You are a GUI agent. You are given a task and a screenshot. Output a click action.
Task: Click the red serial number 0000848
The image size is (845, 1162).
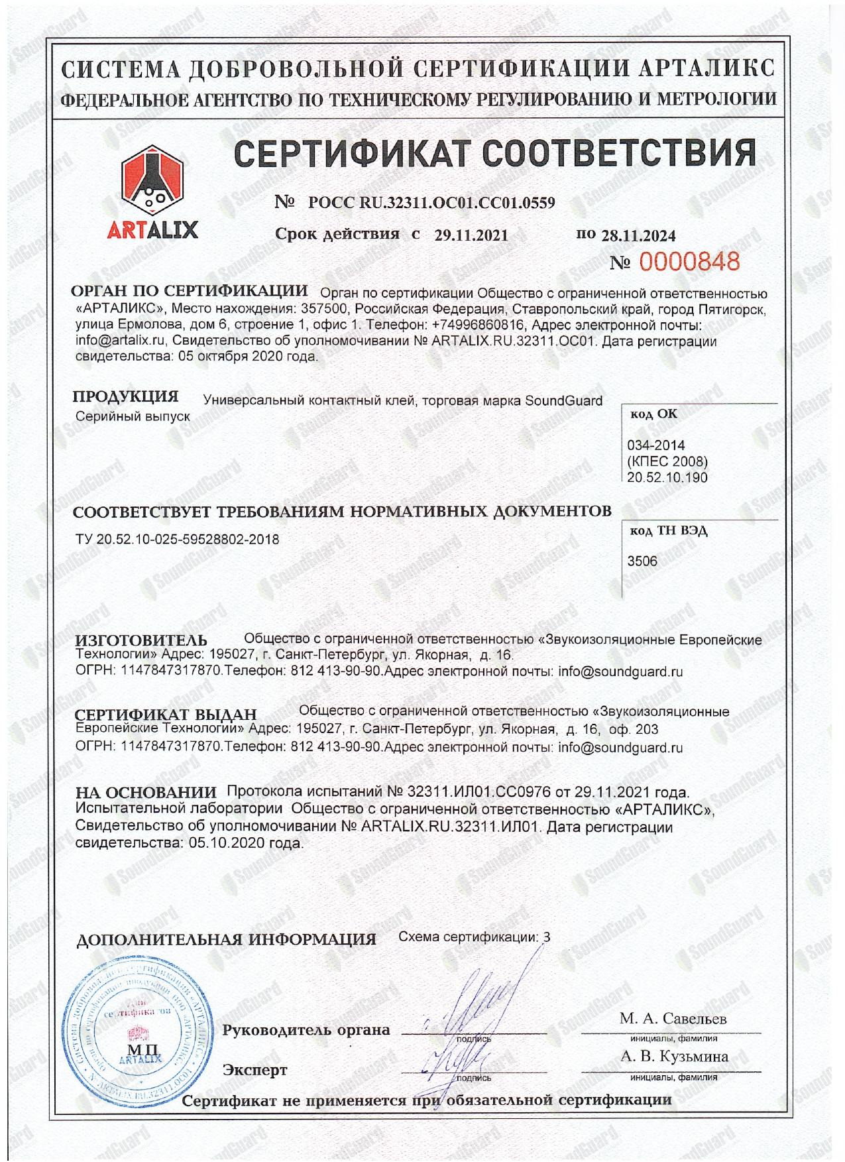(x=689, y=262)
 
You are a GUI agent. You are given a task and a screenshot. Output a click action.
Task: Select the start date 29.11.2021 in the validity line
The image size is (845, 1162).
(x=471, y=235)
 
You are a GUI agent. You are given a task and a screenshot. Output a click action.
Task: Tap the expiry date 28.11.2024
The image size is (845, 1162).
(x=638, y=235)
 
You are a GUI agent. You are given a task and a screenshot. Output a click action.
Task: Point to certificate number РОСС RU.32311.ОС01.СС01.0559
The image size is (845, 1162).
(x=431, y=203)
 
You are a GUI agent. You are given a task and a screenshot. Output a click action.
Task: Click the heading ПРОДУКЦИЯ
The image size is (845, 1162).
(x=125, y=397)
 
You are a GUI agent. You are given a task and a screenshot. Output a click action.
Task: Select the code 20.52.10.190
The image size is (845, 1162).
(x=667, y=477)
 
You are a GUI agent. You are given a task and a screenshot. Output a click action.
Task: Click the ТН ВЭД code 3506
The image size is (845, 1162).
(x=642, y=561)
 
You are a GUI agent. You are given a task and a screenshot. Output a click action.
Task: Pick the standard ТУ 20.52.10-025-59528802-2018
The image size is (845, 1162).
(x=178, y=540)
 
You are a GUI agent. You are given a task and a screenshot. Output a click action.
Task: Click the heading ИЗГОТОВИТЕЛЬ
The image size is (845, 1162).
(x=141, y=640)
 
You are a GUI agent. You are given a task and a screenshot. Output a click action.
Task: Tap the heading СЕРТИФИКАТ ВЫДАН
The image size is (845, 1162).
(x=166, y=715)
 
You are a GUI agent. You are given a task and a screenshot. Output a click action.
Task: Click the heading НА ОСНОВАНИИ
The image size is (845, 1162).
(x=146, y=792)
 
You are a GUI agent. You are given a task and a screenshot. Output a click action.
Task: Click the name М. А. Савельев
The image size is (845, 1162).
(x=673, y=1018)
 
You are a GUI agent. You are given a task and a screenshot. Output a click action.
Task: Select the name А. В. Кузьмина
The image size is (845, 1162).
(x=674, y=1057)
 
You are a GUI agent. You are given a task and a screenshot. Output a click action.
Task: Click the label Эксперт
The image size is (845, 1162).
(x=254, y=1069)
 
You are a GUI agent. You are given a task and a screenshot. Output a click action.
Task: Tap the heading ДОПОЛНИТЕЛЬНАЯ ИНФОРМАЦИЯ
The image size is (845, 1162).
(x=226, y=939)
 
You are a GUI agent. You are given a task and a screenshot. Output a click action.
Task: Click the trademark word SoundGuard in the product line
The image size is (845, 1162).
(x=563, y=400)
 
